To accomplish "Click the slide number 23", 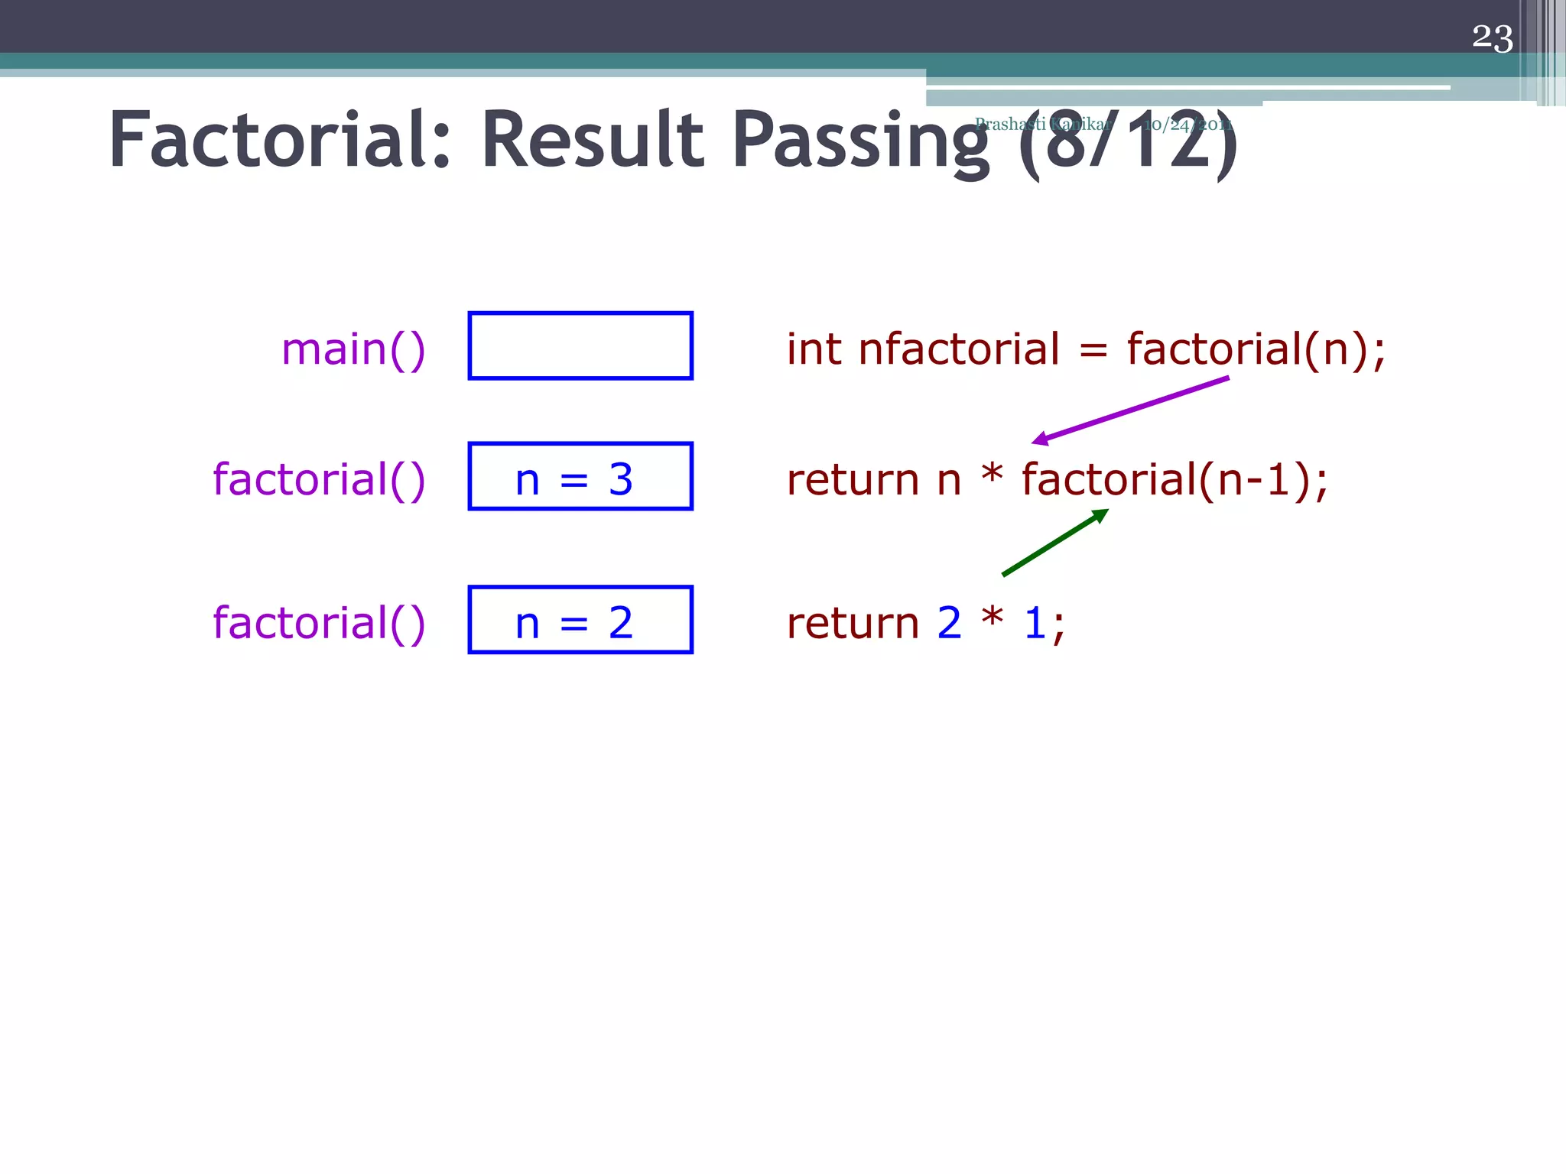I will coord(1492,37).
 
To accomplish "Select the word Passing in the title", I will coord(861,142).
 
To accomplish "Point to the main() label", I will coord(353,349).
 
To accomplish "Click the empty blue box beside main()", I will coord(580,345).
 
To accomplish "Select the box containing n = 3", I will coord(580,476).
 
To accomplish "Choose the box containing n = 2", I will coord(580,620).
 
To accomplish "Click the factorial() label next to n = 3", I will coord(319,480).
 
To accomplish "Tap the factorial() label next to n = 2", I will coord(319,623).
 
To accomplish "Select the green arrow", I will coord(1055,542).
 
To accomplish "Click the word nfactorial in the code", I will coord(959,349).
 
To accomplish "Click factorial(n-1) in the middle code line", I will coord(1174,480).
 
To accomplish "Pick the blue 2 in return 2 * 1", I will coord(949,623).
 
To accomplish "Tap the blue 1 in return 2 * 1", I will coord(1035,623).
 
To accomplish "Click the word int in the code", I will coord(814,349).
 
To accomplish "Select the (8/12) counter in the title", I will coord(1128,142).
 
